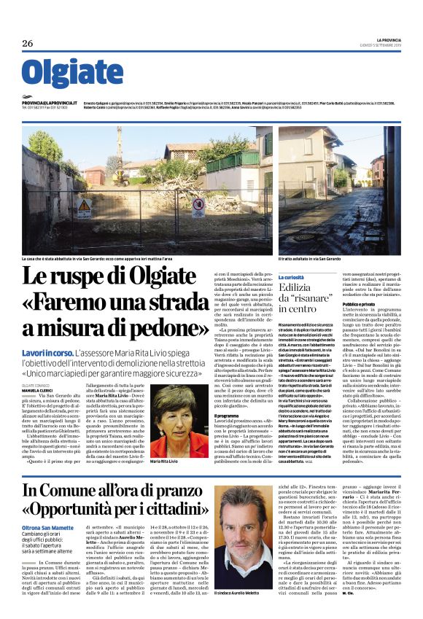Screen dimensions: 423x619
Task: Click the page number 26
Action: click(x=28, y=43)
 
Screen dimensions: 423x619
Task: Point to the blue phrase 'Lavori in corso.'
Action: click(x=47, y=352)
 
